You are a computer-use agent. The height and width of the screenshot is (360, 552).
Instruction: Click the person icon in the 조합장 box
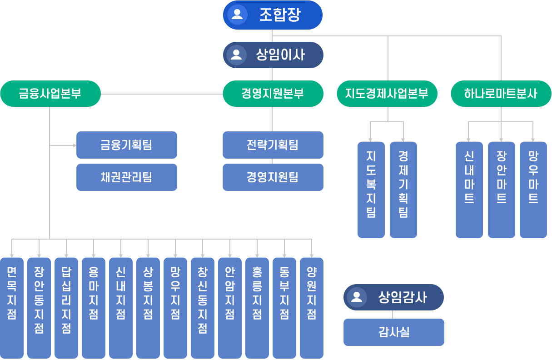(237, 14)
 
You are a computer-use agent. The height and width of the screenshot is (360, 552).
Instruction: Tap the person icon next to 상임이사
(236, 55)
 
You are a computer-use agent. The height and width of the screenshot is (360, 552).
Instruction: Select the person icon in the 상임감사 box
(357, 297)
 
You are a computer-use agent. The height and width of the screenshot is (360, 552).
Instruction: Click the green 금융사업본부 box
(50, 94)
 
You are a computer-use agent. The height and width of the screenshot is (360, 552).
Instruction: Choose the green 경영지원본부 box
(273, 94)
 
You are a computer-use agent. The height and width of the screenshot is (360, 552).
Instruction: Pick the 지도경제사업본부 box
(387, 94)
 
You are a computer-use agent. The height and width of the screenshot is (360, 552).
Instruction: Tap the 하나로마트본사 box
(501, 94)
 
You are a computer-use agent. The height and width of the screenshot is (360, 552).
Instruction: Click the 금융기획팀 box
(127, 145)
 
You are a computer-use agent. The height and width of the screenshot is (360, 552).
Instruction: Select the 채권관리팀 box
(127, 177)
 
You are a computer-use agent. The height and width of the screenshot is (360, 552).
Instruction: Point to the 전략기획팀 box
(273, 145)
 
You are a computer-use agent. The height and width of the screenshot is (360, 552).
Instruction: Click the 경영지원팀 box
(273, 177)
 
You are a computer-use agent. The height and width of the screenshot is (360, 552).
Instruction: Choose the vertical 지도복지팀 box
(371, 190)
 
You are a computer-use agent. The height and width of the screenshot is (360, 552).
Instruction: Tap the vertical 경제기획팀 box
(403, 190)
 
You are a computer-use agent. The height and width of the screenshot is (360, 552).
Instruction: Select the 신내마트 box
(469, 190)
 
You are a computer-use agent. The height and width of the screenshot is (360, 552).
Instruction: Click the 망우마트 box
(533, 190)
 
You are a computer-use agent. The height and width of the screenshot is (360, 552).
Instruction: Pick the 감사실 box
(394, 332)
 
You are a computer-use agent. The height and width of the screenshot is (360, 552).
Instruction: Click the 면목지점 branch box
(12, 308)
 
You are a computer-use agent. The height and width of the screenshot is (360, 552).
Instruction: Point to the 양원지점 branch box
(312, 308)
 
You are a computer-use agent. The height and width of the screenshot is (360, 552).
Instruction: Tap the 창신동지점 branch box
(203, 308)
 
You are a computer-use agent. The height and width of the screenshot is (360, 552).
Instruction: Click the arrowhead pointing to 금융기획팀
(75, 145)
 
